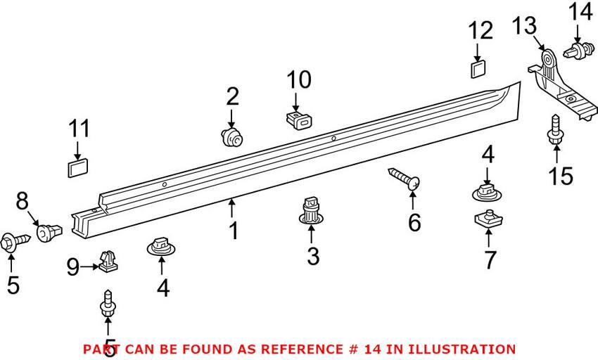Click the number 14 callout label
(581, 12)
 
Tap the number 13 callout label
(524, 26)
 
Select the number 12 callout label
(482, 31)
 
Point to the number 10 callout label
(298, 81)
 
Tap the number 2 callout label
(232, 96)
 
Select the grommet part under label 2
(231, 136)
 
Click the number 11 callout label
(79, 129)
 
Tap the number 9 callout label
(72, 266)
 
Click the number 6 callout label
(414, 222)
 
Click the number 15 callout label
(561, 176)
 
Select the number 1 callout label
(233, 230)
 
